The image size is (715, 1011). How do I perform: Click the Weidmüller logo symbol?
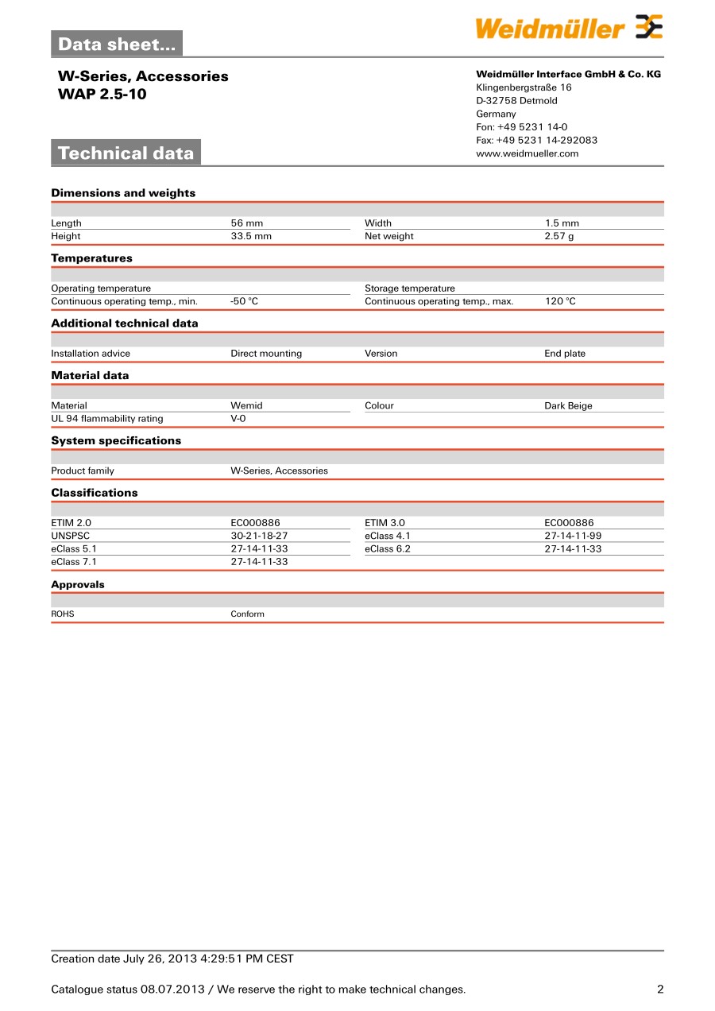click(648, 27)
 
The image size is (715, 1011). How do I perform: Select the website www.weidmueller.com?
click(527, 153)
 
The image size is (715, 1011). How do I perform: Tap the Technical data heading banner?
click(126, 153)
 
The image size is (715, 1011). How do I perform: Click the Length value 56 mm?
click(246, 223)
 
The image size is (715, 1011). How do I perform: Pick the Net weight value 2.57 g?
click(558, 236)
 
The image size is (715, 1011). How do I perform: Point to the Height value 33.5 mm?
click(251, 236)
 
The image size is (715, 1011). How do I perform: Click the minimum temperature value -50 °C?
click(244, 301)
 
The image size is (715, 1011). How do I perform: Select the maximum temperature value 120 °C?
click(560, 301)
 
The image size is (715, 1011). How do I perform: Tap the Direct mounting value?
click(266, 354)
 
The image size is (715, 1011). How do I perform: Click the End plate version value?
click(564, 354)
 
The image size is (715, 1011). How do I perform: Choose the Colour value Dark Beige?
click(568, 405)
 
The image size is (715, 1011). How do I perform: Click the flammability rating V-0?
click(238, 418)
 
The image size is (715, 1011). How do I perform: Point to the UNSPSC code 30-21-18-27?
click(259, 536)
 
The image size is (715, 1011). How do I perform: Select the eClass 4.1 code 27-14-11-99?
click(573, 536)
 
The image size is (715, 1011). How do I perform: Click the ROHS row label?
click(63, 614)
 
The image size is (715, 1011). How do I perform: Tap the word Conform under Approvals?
click(247, 614)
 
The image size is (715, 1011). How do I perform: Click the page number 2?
click(659, 990)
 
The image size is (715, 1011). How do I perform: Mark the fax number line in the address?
click(536, 140)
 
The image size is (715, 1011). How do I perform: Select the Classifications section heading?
click(94, 493)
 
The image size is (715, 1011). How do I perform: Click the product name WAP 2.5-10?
click(102, 94)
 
